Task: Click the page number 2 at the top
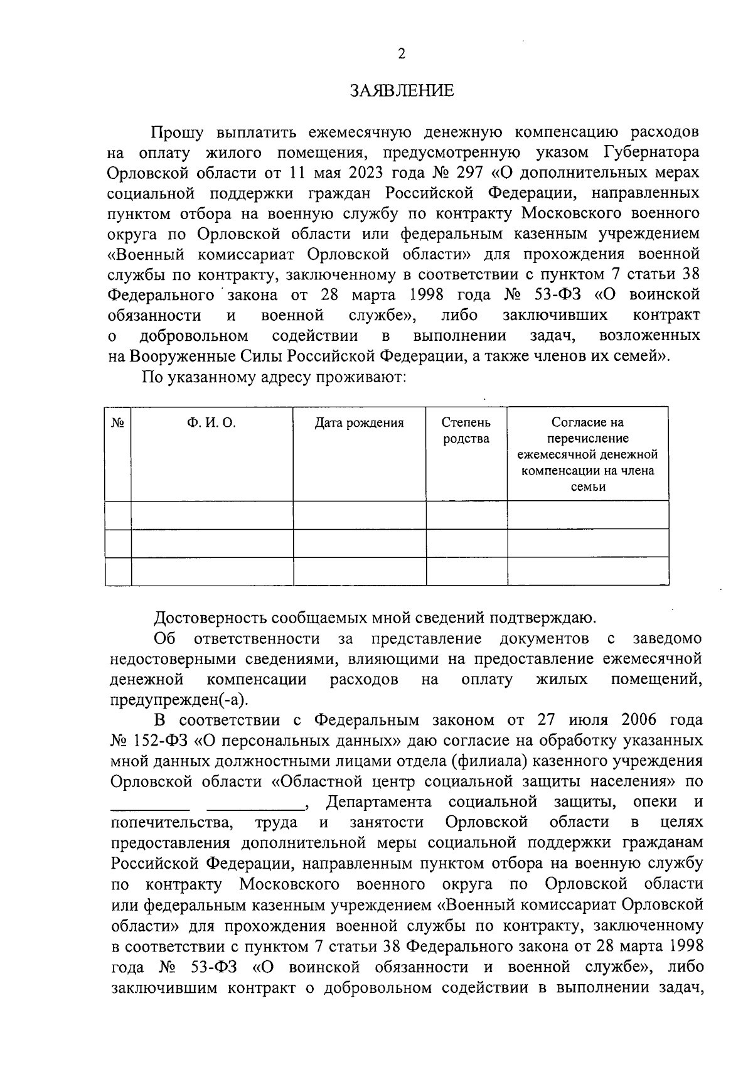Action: (x=402, y=54)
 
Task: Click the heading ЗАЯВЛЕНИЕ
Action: (x=402, y=91)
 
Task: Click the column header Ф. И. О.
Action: (x=211, y=423)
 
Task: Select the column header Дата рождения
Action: (x=359, y=423)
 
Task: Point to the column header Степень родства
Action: (x=466, y=431)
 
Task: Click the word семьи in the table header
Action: (x=588, y=486)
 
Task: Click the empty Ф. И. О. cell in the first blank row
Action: (x=212, y=515)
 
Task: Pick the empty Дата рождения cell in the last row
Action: (x=360, y=571)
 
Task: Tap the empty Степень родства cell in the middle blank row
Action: (x=466, y=543)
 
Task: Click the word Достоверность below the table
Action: (x=211, y=618)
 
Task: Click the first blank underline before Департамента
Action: (x=151, y=803)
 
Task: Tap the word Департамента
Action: (x=379, y=802)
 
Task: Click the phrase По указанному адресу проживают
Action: (x=274, y=377)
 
